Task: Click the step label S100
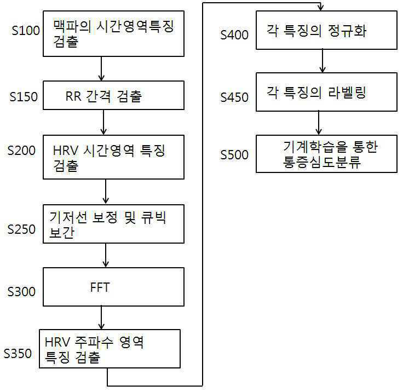tap(25, 30)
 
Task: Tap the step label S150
tap(24, 97)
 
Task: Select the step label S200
tap(22, 151)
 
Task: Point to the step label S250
tap(22, 229)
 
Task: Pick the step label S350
tap(18, 353)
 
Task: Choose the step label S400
tap(234, 34)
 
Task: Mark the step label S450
tap(234, 97)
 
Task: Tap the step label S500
tap(234, 154)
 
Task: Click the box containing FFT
tap(114, 286)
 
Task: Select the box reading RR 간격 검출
tap(114, 96)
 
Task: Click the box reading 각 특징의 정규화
tap(326, 30)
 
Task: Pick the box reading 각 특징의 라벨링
tap(326, 92)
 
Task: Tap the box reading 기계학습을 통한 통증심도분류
tap(326, 154)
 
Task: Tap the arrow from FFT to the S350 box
tap(101, 318)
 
